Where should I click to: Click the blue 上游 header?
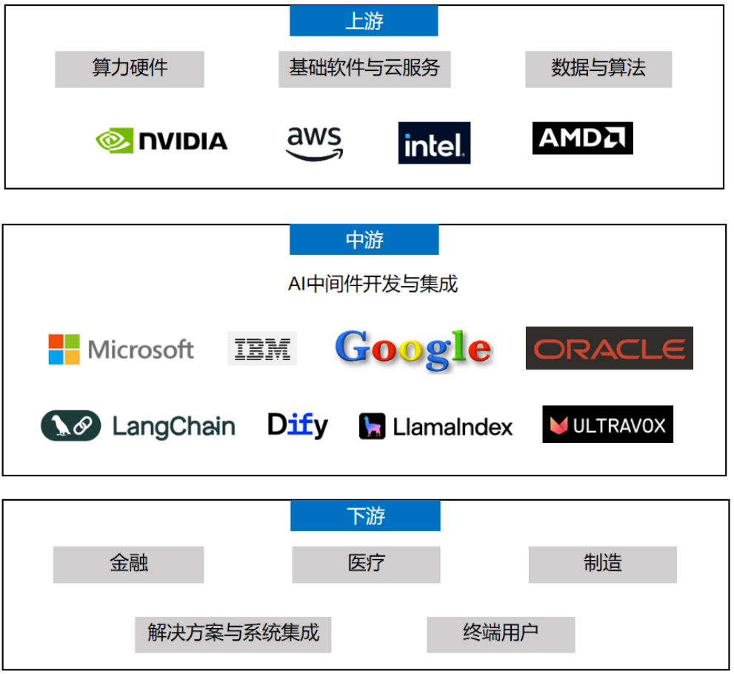pyautogui.click(x=364, y=21)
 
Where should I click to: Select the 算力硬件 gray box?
pyautogui.click(x=130, y=69)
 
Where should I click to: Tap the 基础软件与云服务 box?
pyautogui.click(x=364, y=69)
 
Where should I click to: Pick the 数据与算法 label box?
pyautogui.click(x=598, y=69)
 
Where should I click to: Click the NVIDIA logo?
pyautogui.click(x=162, y=140)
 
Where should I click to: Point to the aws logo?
pyautogui.click(x=315, y=142)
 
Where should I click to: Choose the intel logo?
pyautogui.click(x=434, y=143)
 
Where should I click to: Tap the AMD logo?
pyautogui.click(x=582, y=138)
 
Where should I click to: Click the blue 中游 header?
pyautogui.click(x=364, y=240)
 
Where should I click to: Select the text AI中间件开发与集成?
pyautogui.click(x=373, y=283)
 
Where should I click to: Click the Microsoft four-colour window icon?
pyautogui.click(x=64, y=350)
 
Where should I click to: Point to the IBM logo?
pyautogui.click(x=262, y=348)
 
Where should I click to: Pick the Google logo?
pyautogui.click(x=413, y=349)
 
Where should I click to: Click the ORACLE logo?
pyautogui.click(x=609, y=348)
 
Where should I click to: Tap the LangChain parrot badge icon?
pyautogui.click(x=70, y=426)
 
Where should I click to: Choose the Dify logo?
pyautogui.click(x=298, y=425)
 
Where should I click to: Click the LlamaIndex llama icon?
pyautogui.click(x=372, y=427)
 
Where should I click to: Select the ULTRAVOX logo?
pyautogui.click(x=607, y=424)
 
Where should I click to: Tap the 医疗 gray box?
pyautogui.click(x=366, y=564)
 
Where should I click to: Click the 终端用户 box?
pyautogui.click(x=501, y=634)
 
